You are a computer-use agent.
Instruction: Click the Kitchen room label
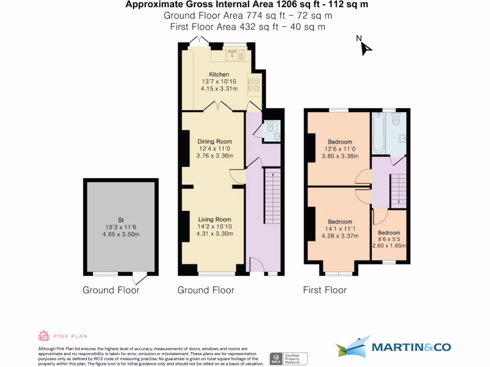coord(219,75)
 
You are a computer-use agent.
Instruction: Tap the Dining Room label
coord(215,141)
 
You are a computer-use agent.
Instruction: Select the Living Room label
coord(215,220)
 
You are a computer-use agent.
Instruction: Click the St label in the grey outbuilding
coord(121,220)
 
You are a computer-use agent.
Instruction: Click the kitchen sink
coord(232,55)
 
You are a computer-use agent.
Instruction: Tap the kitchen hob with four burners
coord(253,85)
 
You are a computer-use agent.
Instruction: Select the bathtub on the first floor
coord(379,133)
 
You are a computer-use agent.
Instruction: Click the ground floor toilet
coord(270,128)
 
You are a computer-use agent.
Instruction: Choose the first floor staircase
coord(398,191)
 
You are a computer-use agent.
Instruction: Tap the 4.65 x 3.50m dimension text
coord(121,234)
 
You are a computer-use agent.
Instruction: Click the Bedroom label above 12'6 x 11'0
coord(340,142)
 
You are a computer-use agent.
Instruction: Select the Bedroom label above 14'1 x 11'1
coord(340,222)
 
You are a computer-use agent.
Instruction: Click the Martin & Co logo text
coord(411,347)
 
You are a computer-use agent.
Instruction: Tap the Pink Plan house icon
coord(44,336)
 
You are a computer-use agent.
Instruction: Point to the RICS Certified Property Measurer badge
coord(288,358)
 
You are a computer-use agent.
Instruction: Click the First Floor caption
coord(324,290)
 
